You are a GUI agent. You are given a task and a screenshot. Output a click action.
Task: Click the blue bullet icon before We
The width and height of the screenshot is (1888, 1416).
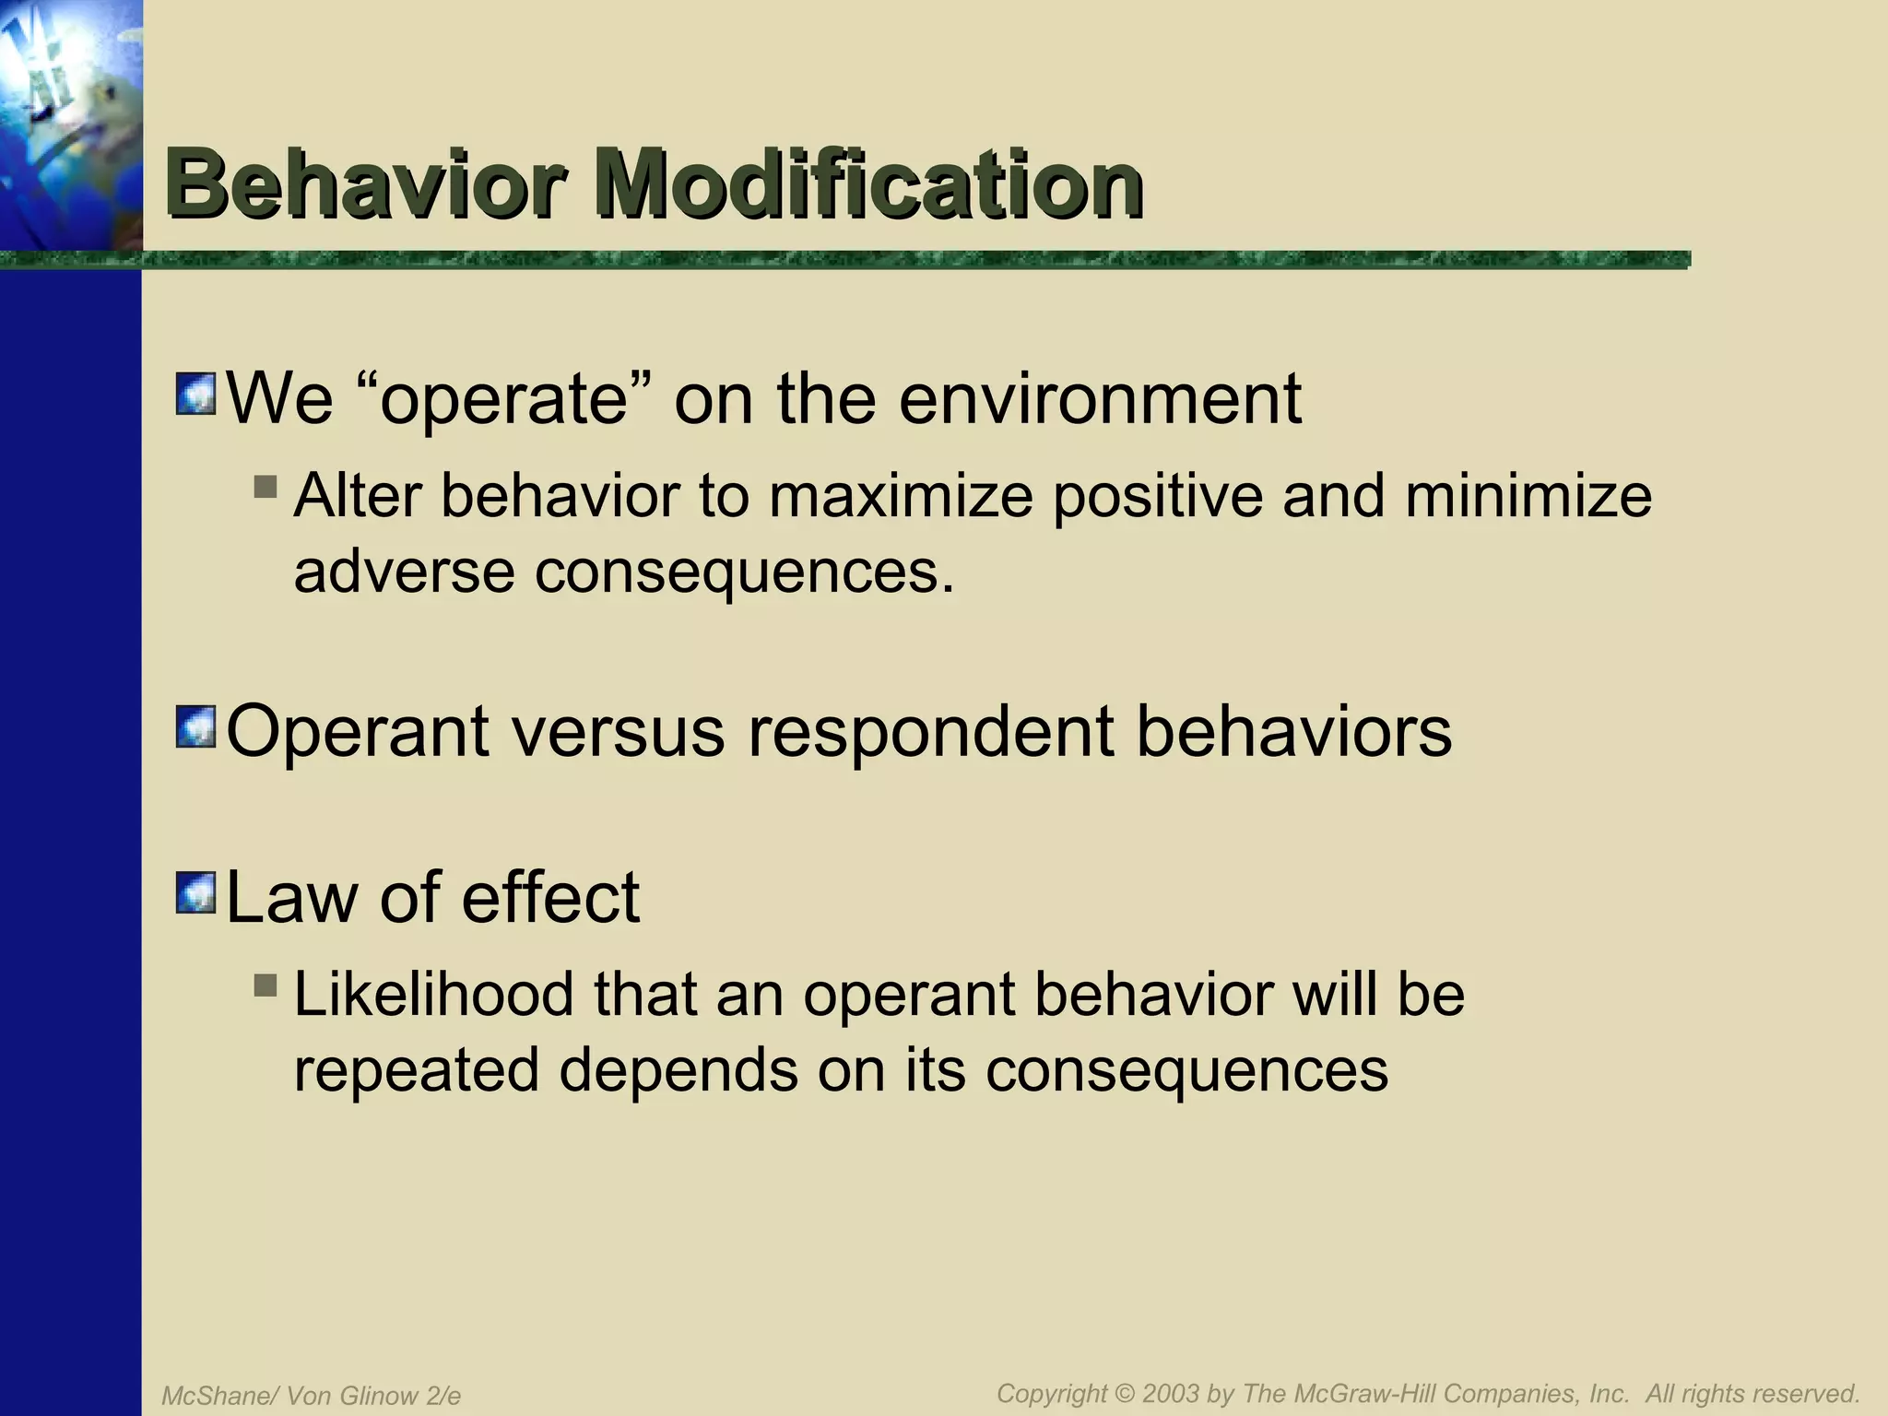195,394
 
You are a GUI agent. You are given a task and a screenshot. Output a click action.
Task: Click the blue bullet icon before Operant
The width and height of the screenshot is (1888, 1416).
195,726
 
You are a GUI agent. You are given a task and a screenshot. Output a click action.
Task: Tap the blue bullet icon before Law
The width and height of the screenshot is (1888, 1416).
195,892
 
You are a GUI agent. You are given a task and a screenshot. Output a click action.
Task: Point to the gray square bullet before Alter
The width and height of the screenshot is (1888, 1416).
265,486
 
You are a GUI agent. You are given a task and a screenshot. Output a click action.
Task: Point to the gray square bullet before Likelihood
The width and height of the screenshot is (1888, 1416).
265,985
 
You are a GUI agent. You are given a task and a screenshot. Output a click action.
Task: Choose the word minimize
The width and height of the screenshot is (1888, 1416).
1528,496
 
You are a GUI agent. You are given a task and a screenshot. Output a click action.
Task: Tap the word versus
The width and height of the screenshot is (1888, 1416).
619,731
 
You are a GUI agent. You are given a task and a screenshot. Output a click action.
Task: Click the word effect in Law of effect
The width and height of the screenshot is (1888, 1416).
550,897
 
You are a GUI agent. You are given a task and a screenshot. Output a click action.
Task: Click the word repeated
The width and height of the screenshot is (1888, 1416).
416,1070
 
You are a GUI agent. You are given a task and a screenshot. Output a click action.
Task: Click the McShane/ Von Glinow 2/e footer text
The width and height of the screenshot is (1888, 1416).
311,1396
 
